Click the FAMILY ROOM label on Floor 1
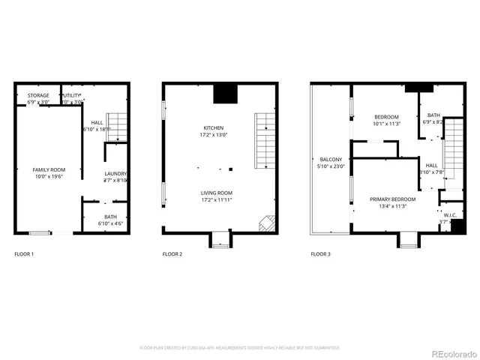point(49,170)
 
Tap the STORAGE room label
point(38,95)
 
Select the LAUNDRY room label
point(115,173)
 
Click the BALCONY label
point(331,159)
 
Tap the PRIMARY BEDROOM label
point(388,199)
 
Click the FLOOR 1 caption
point(25,254)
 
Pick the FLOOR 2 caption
point(172,254)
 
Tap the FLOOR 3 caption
point(321,254)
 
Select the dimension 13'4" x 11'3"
point(388,207)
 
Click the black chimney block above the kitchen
point(224,93)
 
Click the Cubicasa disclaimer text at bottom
point(240,347)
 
